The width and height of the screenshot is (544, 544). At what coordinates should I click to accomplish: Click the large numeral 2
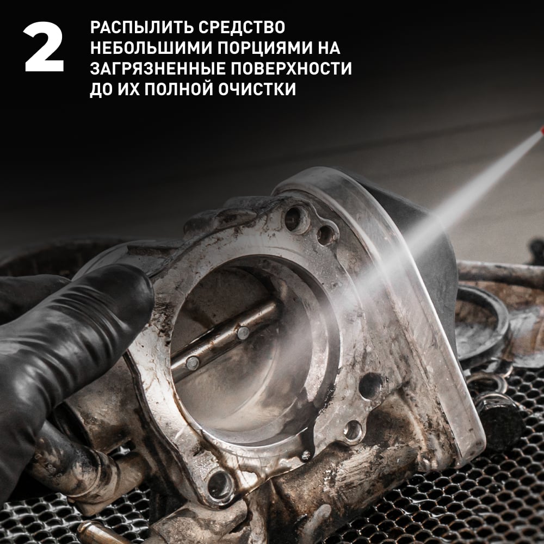click(x=44, y=47)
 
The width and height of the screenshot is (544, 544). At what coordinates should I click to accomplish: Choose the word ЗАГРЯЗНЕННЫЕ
click(x=158, y=69)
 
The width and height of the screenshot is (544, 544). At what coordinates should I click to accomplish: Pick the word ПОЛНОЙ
click(x=178, y=89)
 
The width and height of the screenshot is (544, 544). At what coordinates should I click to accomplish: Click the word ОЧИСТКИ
click(x=257, y=89)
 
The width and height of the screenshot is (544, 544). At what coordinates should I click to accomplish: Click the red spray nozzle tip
click(x=542, y=131)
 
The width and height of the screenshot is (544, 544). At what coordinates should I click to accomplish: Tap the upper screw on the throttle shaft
click(x=243, y=333)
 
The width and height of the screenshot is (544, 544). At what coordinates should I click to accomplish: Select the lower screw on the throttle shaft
click(x=192, y=363)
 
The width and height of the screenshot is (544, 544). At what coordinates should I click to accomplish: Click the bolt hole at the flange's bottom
click(x=221, y=485)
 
